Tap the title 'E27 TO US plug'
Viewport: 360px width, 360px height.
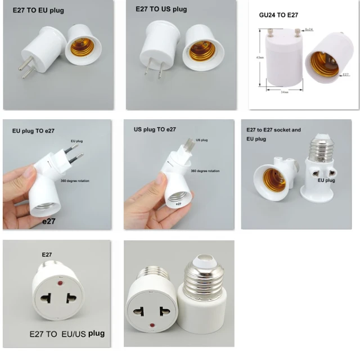pyautogui.click(x=161, y=9)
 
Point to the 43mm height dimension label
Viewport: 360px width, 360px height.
pyautogui.click(x=259, y=58)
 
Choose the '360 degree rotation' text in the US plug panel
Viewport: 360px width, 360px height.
pyautogui.click(x=205, y=170)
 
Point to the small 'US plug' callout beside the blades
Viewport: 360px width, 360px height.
pyautogui.click(x=201, y=140)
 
